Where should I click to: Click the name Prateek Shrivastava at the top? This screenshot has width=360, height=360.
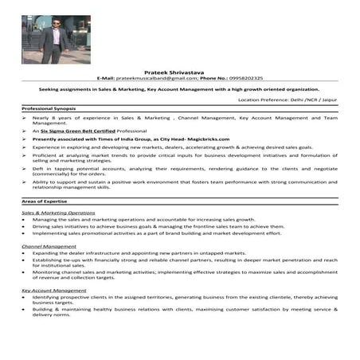pyautogui.click(x=180, y=72)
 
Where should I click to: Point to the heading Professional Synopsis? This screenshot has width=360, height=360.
pyautogui.click(x=49, y=108)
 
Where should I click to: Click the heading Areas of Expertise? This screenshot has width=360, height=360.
pyautogui.click(x=43, y=203)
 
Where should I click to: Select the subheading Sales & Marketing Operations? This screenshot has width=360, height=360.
pyautogui.click(x=58, y=213)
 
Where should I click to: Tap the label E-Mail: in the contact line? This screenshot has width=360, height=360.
pyautogui.click(x=106, y=78)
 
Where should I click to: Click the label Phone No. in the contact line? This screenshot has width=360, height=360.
pyautogui.click(x=214, y=78)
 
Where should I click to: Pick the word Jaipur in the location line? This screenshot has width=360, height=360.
pyautogui.click(x=328, y=100)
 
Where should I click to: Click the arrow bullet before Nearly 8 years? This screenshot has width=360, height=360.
pyautogui.click(x=25, y=117)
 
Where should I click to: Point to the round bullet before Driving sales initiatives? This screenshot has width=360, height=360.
pyautogui.click(x=25, y=226)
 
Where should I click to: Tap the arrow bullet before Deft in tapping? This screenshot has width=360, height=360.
pyautogui.click(x=25, y=169)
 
